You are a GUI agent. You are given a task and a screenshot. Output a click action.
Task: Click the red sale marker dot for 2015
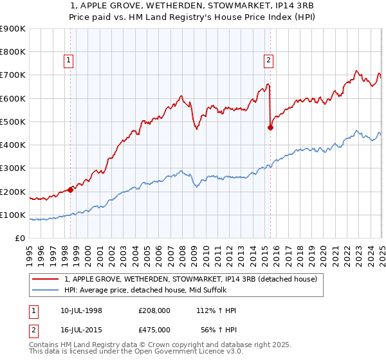pyautogui.click(x=270, y=127)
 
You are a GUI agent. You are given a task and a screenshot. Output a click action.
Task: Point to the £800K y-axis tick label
pyautogui.click(x=12, y=52)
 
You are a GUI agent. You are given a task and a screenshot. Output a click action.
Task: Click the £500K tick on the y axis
pyautogui.click(x=12, y=122)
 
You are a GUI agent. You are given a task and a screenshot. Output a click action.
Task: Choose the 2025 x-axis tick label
pyautogui.click(x=381, y=251)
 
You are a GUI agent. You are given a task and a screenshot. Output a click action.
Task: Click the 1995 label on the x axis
pyautogui.click(x=30, y=251)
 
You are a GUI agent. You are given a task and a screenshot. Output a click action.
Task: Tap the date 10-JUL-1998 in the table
pyautogui.click(x=80, y=310)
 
